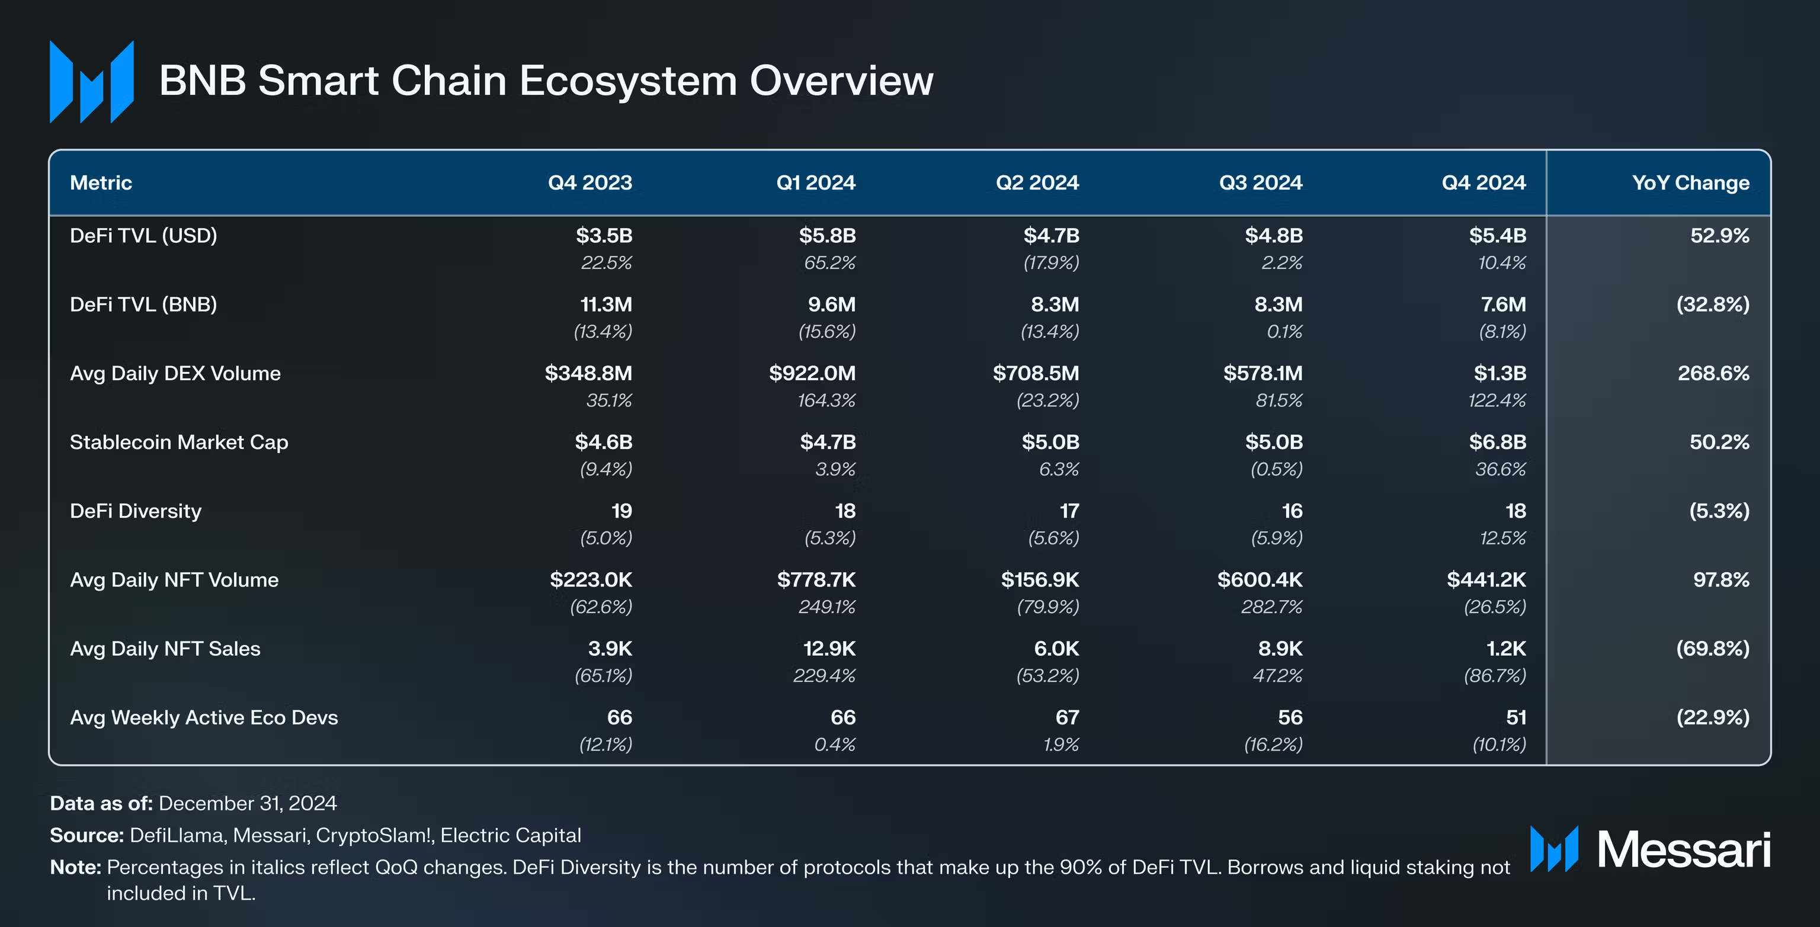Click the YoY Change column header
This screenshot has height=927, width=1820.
[1690, 183]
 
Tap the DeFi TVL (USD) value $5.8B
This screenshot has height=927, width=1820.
[826, 235]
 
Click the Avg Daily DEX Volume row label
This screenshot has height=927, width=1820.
[175, 373]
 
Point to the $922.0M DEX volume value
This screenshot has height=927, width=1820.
[812, 373]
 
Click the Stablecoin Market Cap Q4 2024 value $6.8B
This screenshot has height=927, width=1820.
[1497, 442]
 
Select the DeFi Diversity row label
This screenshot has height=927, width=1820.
[136, 511]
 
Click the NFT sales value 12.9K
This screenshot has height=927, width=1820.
[829, 649]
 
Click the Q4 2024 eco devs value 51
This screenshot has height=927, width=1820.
[1515, 718]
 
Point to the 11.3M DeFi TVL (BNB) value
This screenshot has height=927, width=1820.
[605, 304]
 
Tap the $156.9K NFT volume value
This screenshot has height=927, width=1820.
[1039, 580]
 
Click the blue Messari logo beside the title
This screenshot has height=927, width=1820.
[91, 82]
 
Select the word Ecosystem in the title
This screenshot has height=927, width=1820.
[628, 81]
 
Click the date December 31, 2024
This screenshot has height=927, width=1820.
[247, 803]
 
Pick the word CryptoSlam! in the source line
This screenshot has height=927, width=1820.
[374, 836]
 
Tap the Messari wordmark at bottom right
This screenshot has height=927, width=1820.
[1684, 849]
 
